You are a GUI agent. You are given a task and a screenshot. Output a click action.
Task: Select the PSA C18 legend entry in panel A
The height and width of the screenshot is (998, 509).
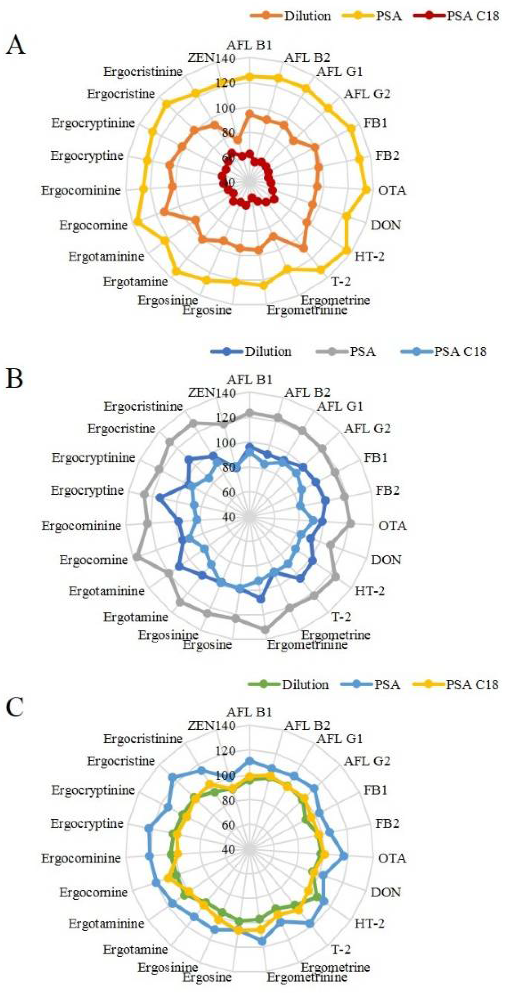point(473,16)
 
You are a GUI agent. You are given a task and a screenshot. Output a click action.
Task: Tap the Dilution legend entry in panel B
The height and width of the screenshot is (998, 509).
point(267,351)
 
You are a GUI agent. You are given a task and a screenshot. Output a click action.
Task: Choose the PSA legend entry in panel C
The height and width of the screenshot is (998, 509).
point(386,684)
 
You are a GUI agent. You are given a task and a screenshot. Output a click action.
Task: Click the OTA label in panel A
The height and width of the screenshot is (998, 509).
point(392,190)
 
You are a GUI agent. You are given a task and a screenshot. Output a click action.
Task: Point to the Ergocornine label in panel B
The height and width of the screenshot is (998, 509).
point(93,560)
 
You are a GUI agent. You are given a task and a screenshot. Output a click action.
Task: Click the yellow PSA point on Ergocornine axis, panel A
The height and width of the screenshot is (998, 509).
point(136,221)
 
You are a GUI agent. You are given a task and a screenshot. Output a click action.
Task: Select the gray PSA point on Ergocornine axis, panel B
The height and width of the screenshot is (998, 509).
point(136,557)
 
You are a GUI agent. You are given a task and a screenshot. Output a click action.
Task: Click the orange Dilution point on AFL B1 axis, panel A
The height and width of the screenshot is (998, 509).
point(250,114)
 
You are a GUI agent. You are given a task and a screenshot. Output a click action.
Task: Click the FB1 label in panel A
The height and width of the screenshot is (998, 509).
point(375,123)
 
